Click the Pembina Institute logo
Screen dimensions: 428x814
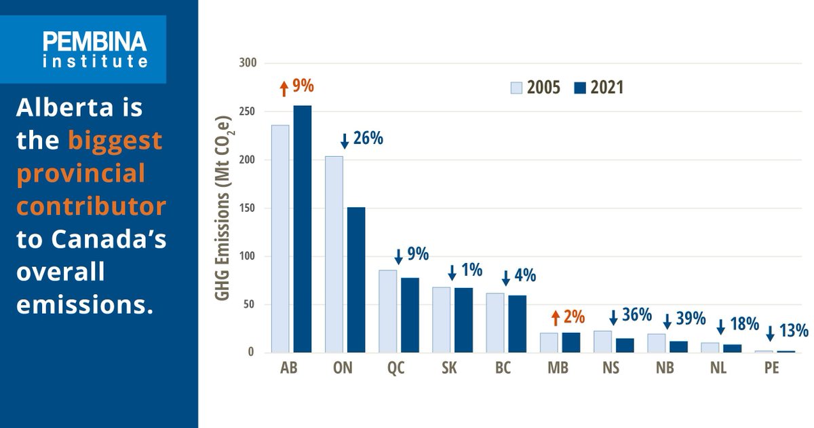pos(94,50)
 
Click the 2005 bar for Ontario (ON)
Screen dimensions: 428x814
pos(334,254)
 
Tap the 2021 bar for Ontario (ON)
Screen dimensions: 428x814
pos(356,279)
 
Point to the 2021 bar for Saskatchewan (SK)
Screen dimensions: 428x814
pos(463,320)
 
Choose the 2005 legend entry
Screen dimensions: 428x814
pos(535,88)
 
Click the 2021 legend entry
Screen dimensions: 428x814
pos(598,88)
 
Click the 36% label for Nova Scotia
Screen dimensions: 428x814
pos(637,315)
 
